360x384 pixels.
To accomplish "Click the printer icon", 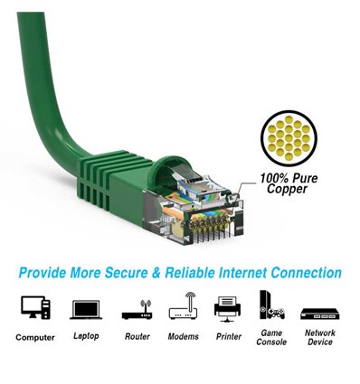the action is (228, 308).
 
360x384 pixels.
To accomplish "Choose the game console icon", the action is (271, 307).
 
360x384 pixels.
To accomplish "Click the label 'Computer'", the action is (35, 338).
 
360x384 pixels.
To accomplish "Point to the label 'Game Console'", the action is (271, 337).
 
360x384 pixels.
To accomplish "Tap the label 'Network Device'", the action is (319, 337).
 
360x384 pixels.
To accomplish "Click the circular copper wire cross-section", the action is (290, 137).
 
